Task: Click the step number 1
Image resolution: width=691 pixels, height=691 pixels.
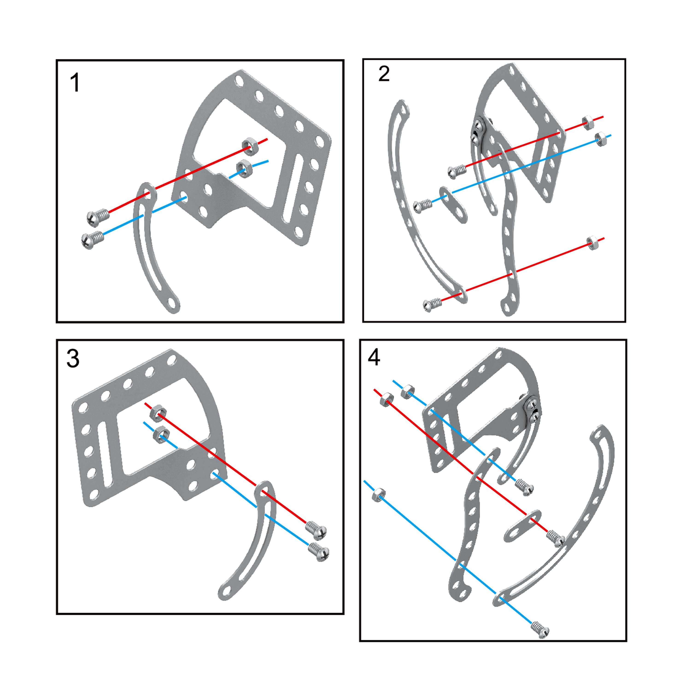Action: click(75, 83)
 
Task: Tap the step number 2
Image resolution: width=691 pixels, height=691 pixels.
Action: click(384, 74)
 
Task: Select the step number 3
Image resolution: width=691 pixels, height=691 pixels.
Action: click(73, 358)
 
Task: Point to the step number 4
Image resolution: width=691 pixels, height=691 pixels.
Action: click(374, 357)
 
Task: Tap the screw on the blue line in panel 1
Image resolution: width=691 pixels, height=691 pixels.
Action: click(92, 239)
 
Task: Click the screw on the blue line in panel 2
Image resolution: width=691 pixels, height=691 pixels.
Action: click(422, 206)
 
